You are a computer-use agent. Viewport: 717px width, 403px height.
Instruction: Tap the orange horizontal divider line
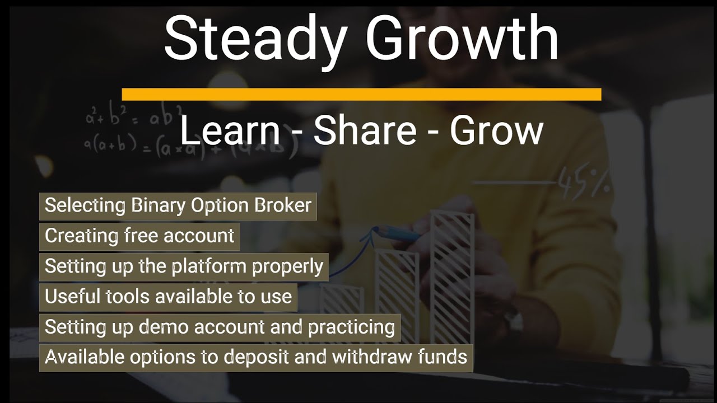click(361, 94)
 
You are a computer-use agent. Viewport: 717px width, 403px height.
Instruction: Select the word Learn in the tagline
click(230, 131)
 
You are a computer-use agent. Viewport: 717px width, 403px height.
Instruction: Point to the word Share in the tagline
click(365, 131)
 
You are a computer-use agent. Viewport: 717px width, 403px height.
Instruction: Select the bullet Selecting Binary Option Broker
click(178, 205)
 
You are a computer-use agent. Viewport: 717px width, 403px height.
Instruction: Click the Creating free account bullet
click(139, 236)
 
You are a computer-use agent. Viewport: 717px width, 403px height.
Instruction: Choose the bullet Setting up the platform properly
click(184, 266)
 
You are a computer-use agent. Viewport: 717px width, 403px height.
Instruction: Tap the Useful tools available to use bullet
click(168, 296)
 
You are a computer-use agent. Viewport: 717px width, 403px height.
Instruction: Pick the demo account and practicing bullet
click(220, 326)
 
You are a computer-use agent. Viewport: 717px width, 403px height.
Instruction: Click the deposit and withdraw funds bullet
click(256, 357)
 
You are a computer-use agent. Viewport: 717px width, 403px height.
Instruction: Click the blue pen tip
click(379, 229)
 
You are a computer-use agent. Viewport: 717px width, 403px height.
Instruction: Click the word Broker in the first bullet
click(283, 205)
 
